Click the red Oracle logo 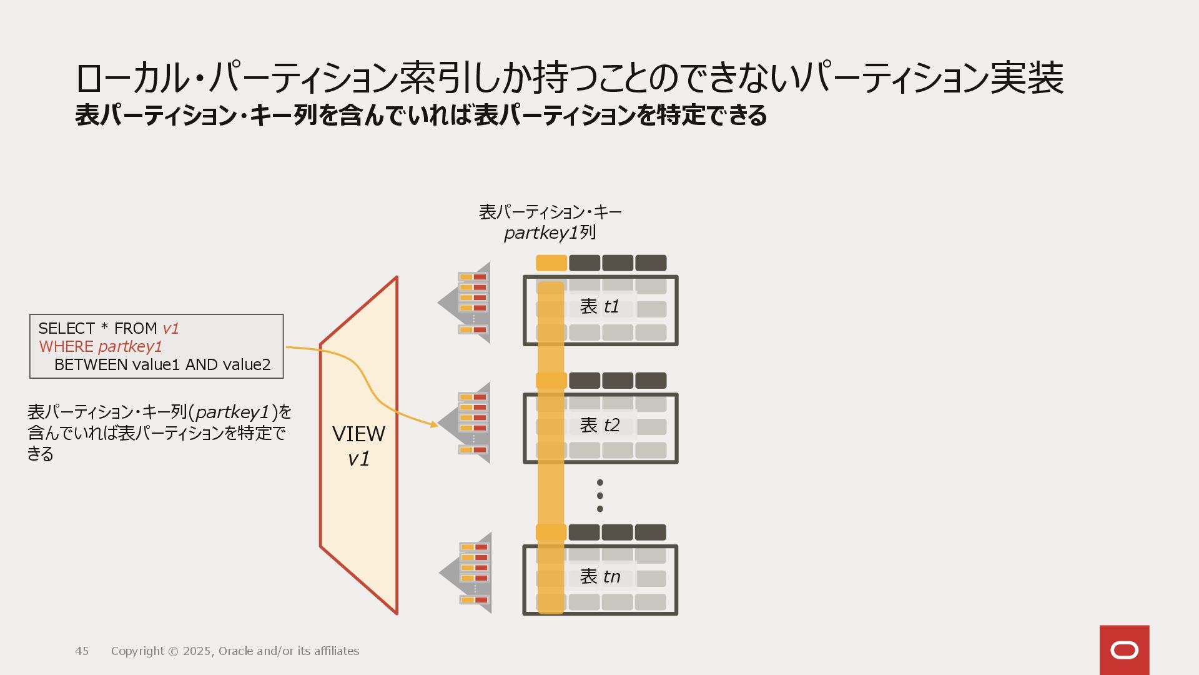click(1124, 650)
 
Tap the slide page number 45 click(82, 651)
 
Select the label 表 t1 click(599, 306)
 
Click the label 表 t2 click(599, 425)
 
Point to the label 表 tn click(599, 576)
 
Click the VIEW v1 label click(358, 446)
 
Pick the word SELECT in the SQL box click(66, 329)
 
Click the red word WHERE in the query click(66, 347)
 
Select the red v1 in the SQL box click(170, 329)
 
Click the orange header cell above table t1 click(551, 263)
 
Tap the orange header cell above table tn click(551, 532)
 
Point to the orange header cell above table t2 click(551, 381)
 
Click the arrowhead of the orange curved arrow click(434, 424)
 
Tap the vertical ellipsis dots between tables click(599, 496)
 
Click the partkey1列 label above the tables click(550, 233)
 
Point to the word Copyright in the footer click(137, 651)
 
